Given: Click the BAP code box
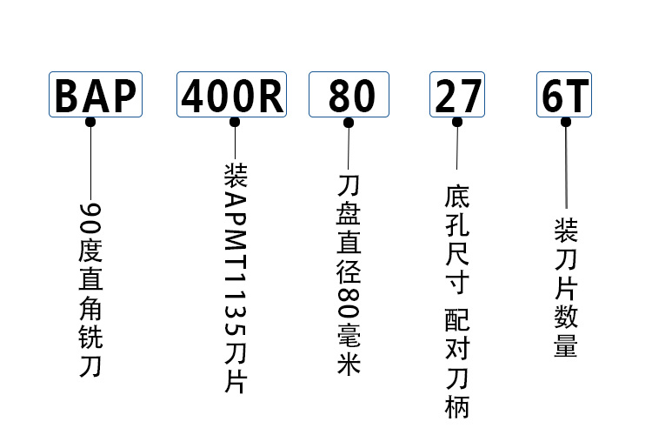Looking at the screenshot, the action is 96,96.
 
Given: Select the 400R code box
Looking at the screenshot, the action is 232,96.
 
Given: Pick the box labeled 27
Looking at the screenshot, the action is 457,96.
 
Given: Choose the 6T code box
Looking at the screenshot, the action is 565,96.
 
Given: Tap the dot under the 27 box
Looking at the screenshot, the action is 457,123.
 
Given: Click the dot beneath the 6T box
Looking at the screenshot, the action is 566,123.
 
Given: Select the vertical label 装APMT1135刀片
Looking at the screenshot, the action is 235,278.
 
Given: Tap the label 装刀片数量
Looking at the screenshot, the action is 566,288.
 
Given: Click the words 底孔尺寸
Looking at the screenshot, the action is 457,238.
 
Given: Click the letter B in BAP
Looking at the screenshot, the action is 67,96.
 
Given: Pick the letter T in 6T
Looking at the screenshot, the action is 577,96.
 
